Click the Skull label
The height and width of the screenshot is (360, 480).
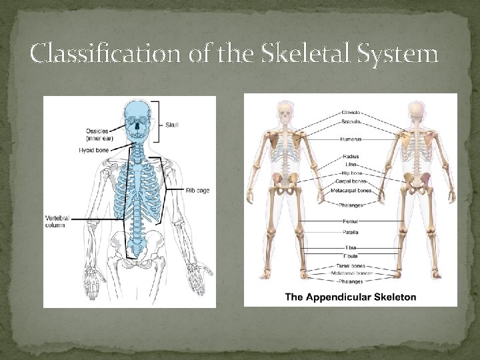click(172, 124)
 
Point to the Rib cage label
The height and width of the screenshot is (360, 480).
click(197, 190)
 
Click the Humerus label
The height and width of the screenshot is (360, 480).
click(351, 139)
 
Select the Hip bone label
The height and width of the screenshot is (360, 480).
click(351, 173)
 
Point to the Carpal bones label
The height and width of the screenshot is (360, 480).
click(351, 181)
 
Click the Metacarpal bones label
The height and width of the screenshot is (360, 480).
click(351, 191)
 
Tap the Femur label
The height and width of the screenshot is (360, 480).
click(351, 220)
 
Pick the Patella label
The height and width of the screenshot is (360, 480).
click(351, 233)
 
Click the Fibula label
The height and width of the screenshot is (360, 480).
click(351, 255)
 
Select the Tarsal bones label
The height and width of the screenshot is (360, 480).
click(351, 266)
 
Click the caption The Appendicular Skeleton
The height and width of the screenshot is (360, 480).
click(351, 297)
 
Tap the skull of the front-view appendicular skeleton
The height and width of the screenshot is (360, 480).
click(285, 111)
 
